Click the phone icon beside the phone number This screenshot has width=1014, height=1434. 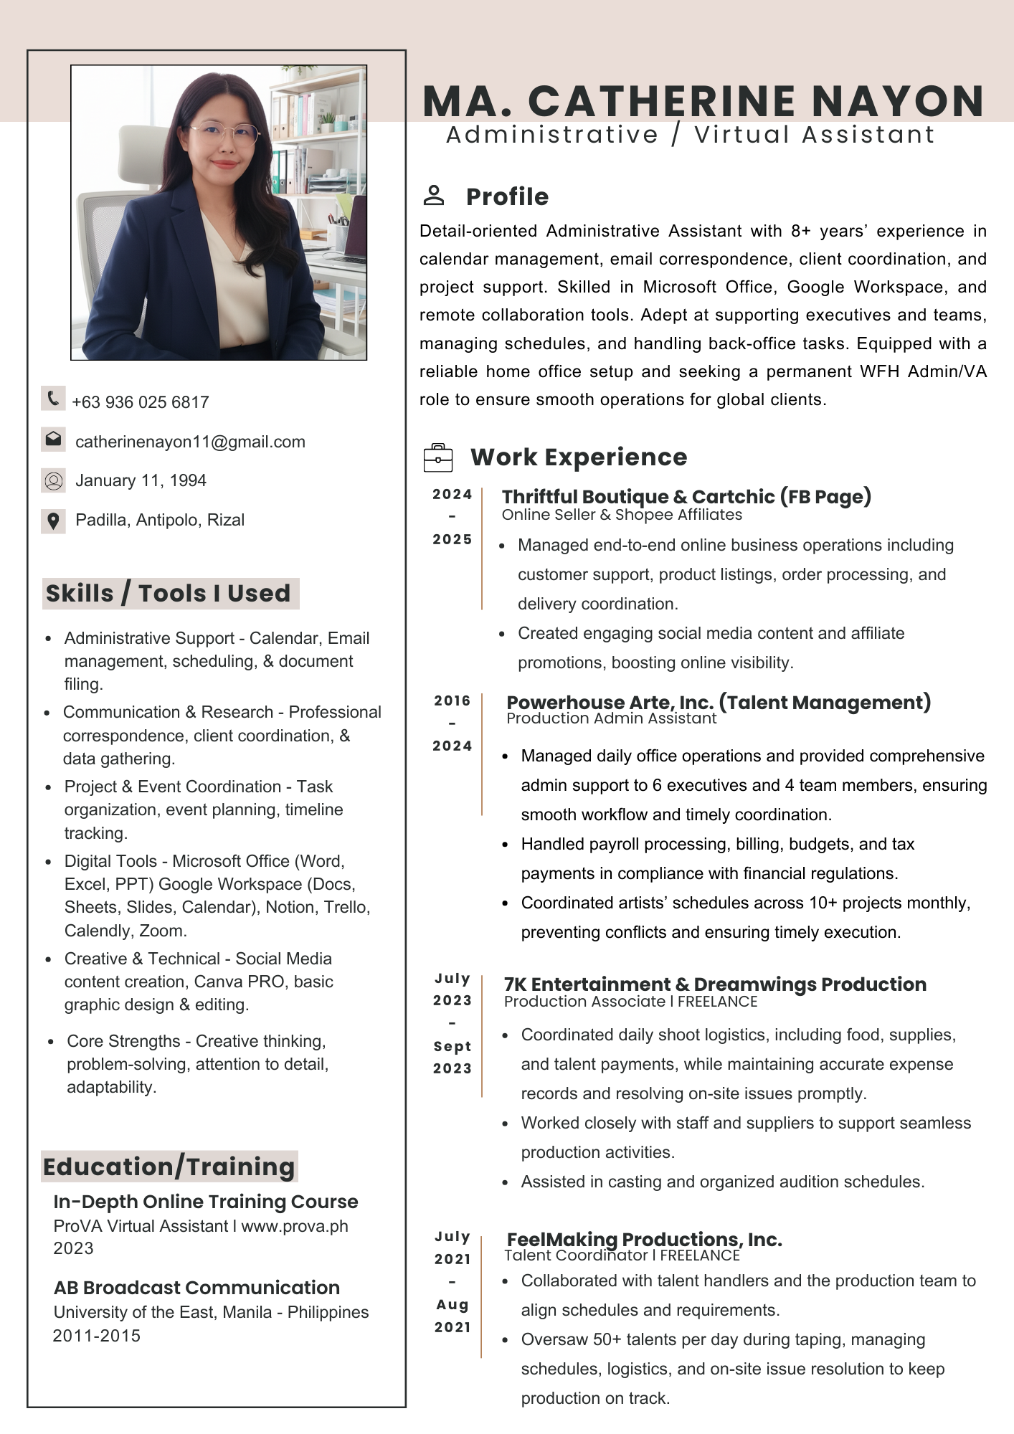(x=53, y=399)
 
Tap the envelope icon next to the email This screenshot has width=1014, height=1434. (x=53, y=440)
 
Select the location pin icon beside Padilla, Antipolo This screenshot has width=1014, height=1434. (x=53, y=521)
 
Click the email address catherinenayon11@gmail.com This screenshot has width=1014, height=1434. (x=190, y=442)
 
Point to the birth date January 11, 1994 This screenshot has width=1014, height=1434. (x=141, y=480)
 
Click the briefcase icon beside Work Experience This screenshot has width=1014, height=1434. (x=438, y=457)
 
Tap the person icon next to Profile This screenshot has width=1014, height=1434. (x=434, y=195)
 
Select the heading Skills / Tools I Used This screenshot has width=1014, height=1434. (x=169, y=593)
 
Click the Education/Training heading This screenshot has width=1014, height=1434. (x=169, y=1167)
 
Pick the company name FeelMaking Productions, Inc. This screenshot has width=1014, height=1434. (x=644, y=1239)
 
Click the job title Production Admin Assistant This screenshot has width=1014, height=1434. (x=611, y=718)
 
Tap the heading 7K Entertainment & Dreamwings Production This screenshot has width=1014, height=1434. (x=715, y=984)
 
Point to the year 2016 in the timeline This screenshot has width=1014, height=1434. (x=452, y=701)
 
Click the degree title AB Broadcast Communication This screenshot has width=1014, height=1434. (x=196, y=1287)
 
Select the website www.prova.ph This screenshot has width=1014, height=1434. (x=295, y=1226)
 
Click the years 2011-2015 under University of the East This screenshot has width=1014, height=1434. (x=97, y=1336)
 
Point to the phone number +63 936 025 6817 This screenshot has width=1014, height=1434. (x=141, y=402)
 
